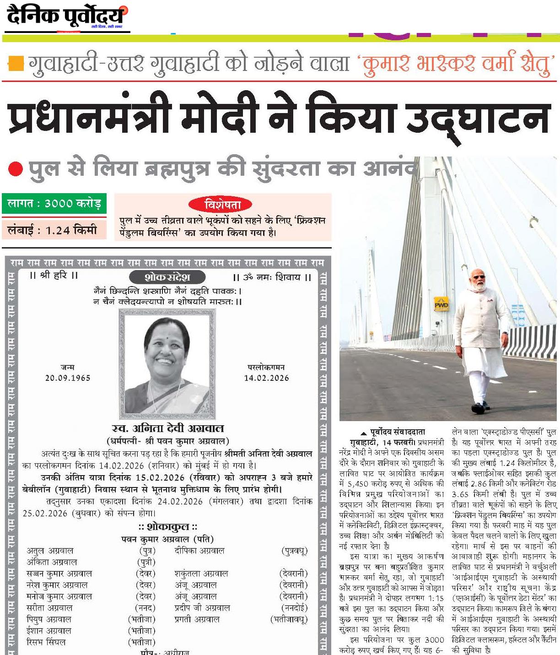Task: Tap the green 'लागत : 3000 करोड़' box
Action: (54, 203)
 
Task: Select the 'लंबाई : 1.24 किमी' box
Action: (54, 230)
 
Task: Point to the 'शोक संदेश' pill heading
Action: (167, 277)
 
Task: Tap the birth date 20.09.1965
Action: (68, 378)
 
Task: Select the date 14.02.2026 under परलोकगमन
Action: (266, 378)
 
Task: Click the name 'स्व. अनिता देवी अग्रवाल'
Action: (168, 429)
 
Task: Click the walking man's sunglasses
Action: (478, 276)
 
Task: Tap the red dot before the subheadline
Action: (15, 170)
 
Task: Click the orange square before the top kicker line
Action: (16, 63)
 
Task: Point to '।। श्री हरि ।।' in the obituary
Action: (54, 276)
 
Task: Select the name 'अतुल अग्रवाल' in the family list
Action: (50, 551)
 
